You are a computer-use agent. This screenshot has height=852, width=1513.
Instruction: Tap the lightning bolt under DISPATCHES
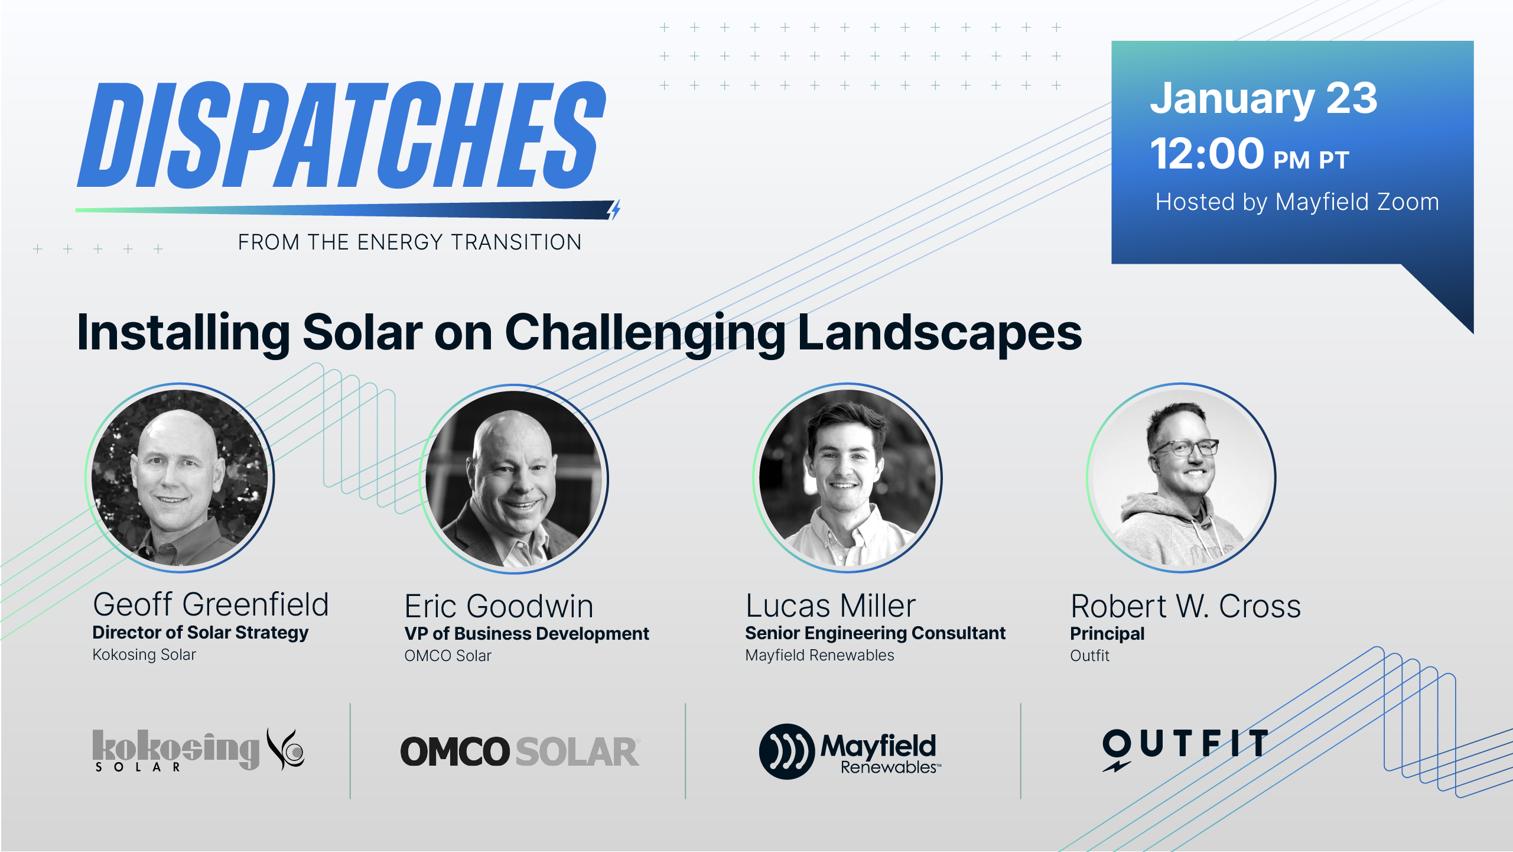coord(614,209)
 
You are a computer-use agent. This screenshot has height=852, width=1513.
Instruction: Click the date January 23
coord(1264,99)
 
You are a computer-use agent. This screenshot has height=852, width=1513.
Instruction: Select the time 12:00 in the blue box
coord(1207,153)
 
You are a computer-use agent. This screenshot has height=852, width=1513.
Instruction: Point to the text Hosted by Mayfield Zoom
coord(1297,202)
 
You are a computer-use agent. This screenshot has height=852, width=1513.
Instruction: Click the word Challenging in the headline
coord(645,333)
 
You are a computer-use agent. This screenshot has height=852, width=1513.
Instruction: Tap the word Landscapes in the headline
coord(940,333)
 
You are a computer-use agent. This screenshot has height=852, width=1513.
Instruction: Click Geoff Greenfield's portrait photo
coord(180,478)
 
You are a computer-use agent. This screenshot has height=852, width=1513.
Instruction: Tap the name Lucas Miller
coord(831,606)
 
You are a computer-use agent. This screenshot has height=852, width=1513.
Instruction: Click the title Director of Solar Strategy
coord(200,633)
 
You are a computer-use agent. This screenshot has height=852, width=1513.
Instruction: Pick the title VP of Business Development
coord(526,634)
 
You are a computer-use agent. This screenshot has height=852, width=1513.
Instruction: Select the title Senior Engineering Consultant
coord(875,633)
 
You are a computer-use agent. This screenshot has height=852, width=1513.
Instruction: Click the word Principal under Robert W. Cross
coord(1107,634)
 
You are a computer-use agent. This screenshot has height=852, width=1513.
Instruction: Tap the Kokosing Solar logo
coord(199,750)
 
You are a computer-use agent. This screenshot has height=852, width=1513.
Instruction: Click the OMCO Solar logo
coord(520,751)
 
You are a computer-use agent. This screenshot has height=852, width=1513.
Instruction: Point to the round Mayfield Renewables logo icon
coord(787,751)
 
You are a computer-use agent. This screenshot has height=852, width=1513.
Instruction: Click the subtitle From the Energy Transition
coord(410,242)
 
